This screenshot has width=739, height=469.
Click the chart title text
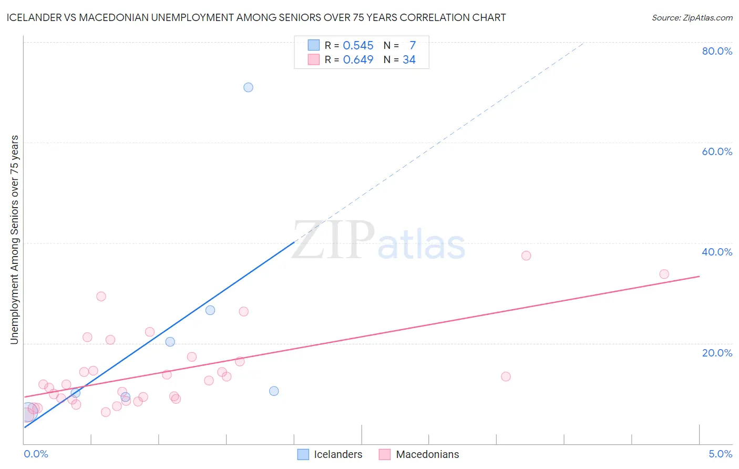click(256, 17)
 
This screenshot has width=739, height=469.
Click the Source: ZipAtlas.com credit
click(692, 17)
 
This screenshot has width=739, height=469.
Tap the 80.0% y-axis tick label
click(717, 51)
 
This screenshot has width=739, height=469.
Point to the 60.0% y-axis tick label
click(717, 151)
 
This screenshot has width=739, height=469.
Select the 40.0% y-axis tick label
click(717, 252)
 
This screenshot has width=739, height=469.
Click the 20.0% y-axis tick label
click(717, 352)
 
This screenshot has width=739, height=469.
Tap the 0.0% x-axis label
click(36, 454)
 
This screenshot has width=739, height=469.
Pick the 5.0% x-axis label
click(720, 454)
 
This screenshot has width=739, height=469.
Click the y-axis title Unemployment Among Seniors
click(14, 240)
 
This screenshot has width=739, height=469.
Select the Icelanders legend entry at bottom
click(330, 454)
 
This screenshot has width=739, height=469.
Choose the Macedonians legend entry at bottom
click(419, 454)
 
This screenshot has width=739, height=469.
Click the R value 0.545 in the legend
click(358, 46)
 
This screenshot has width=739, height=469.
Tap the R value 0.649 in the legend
click(358, 60)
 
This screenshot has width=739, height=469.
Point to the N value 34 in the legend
click(409, 60)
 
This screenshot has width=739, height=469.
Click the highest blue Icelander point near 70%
click(248, 87)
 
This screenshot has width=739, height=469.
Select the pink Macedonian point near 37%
click(526, 256)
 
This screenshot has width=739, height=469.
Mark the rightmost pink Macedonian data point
click(664, 274)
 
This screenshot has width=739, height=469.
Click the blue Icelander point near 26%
click(210, 310)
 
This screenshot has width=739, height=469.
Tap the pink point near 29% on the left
click(101, 296)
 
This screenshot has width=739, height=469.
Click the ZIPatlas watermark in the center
click(378, 241)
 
